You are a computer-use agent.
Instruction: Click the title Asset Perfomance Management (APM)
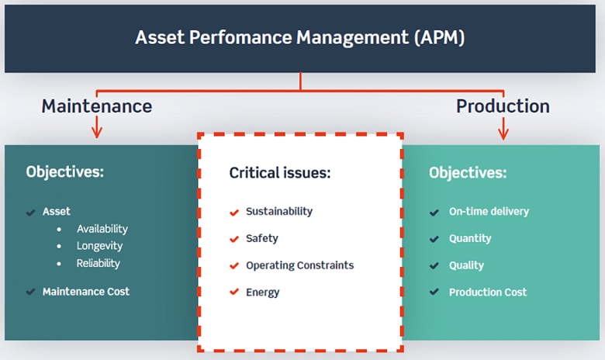(300, 38)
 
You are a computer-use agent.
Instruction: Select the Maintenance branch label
(96, 106)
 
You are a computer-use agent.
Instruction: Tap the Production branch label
(503, 106)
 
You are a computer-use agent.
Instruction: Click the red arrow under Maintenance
(96, 128)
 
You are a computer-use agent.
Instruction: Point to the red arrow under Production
(503, 128)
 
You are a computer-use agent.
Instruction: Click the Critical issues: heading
(279, 172)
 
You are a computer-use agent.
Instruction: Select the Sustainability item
(278, 211)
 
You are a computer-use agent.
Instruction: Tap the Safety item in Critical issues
(261, 238)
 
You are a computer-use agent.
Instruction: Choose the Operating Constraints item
(299, 265)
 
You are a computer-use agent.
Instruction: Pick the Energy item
(262, 292)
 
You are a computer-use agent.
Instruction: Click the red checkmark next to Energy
(233, 292)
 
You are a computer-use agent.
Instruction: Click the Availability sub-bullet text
(102, 229)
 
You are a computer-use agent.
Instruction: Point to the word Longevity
(99, 246)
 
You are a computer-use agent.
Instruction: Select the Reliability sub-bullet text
(98, 263)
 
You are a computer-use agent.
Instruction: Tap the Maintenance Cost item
(85, 292)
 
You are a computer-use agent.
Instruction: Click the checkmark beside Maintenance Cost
(30, 292)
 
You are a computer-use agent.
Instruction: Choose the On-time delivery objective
(489, 211)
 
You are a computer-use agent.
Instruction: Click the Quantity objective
(470, 238)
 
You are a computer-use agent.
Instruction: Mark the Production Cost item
(487, 292)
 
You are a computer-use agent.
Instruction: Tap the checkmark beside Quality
(434, 265)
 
